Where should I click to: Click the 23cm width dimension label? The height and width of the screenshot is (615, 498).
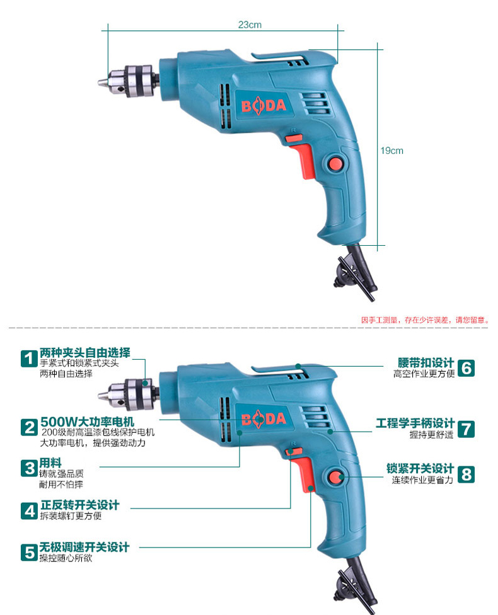[x=250, y=25]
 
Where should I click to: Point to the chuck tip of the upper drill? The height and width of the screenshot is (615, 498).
[x=102, y=81]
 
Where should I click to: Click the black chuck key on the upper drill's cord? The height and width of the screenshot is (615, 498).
[x=356, y=271]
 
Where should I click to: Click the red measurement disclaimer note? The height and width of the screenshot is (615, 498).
[x=424, y=320]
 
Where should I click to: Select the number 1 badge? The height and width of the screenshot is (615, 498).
[x=29, y=359]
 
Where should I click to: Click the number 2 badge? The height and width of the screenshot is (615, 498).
[x=29, y=427]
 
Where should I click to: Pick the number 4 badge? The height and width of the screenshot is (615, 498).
[x=29, y=510]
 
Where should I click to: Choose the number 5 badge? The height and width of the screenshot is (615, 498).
[x=29, y=553]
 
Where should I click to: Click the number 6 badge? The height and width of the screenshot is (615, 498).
[x=466, y=367]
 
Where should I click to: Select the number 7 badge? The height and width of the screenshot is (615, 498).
[x=466, y=428]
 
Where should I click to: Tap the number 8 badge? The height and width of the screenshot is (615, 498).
[x=466, y=474]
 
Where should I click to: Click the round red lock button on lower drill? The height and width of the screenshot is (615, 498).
[x=334, y=477]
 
